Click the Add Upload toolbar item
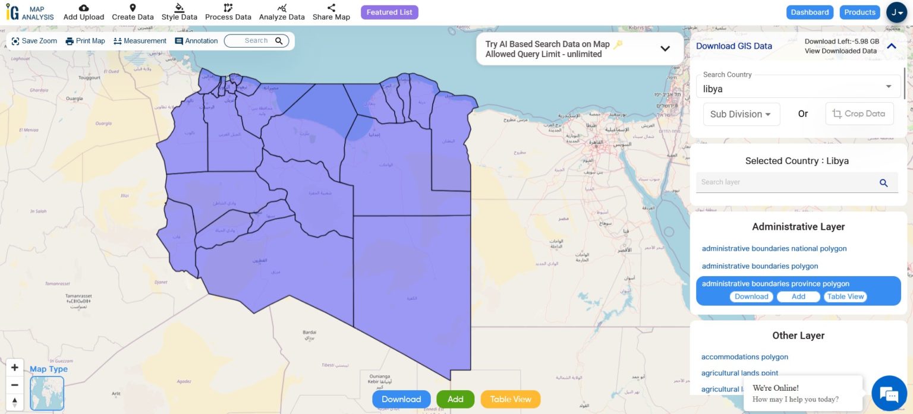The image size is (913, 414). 84,12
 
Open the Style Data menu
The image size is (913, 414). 179,12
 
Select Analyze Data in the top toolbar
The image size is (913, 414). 282,12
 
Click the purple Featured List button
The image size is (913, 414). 389,12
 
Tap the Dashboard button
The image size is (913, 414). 810,12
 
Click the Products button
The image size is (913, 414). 860,12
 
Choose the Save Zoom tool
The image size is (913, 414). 34,41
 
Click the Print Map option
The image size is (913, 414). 85,41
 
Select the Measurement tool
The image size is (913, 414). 140,41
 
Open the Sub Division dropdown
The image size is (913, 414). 741,114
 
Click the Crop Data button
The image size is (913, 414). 859,113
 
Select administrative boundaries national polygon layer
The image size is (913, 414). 774,249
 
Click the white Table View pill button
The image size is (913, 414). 845,296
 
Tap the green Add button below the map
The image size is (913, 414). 455,399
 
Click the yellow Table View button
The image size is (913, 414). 510,399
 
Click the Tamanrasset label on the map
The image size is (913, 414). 79,296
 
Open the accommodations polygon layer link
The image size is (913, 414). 744,357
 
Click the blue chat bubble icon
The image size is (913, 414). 889,394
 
